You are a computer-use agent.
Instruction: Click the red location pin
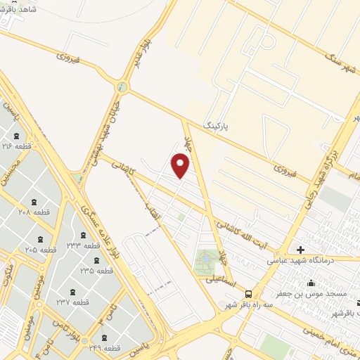(181, 165)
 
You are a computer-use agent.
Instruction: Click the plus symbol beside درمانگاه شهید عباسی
(300, 250)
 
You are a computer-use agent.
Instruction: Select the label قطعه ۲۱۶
(17, 146)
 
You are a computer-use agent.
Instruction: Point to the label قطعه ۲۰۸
(33, 212)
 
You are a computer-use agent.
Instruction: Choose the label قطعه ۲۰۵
(41, 250)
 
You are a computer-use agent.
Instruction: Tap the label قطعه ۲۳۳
(83, 245)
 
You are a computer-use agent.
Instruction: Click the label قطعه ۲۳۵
(96, 271)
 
